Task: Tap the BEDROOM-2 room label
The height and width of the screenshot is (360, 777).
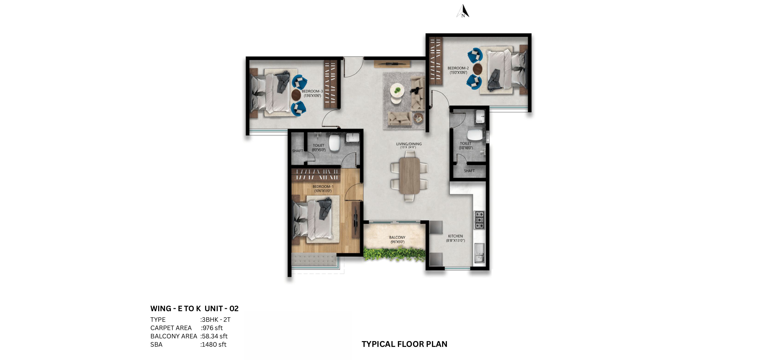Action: pyautogui.click(x=458, y=70)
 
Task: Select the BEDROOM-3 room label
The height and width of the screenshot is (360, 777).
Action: pyautogui.click(x=312, y=93)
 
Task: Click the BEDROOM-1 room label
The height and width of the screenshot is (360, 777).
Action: pyautogui.click(x=323, y=188)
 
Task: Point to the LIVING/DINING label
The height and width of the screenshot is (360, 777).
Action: pyautogui.click(x=409, y=145)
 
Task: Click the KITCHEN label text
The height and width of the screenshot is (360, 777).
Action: pyautogui.click(x=455, y=238)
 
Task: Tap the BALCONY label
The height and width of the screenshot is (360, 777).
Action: pyautogui.click(x=397, y=239)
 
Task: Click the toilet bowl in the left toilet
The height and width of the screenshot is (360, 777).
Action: pyautogui.click(x=334, y=143)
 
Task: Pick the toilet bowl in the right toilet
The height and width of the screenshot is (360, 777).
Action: pyautogui.click(x=474, y=135)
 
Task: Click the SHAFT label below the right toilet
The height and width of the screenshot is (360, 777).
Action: pyautogui.click(x=469, y=171)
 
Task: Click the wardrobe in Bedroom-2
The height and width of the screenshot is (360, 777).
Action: pyautogui.click(x=436, y=60)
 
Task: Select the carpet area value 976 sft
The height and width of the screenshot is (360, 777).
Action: pyautogui.click(x=212, y=328)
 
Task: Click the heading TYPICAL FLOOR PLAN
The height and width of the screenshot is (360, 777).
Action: pyautogui.click(x=404, y=344)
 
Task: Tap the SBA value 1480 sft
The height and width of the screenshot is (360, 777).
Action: pyautogui.click(x=214, y=345)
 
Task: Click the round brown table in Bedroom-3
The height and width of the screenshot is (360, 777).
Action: pyautogui.click(x=296, y=95)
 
